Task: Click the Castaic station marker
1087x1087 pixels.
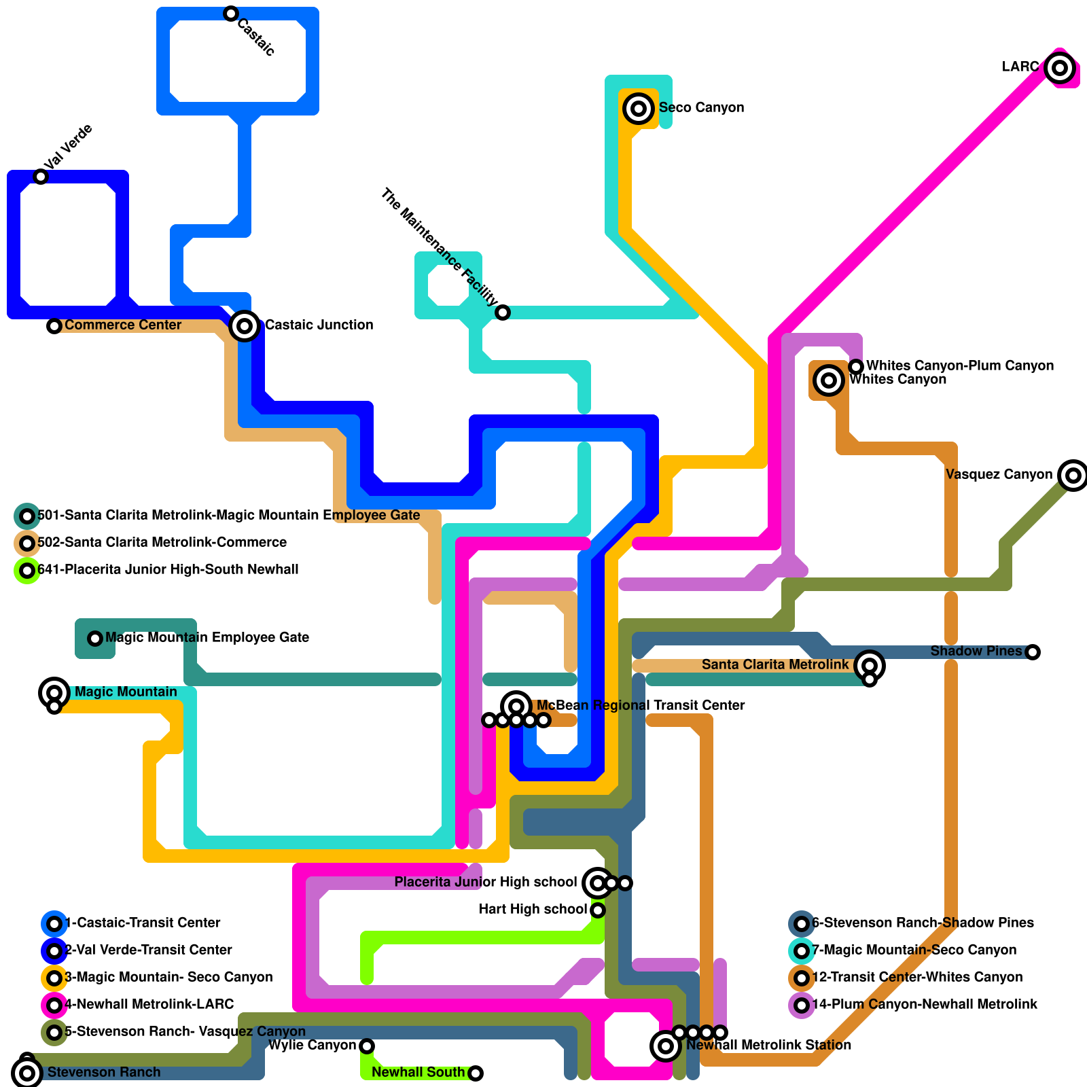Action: tap(231, 14)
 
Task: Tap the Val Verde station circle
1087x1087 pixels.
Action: tap(41, 177)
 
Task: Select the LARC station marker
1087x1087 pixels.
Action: tap(1060, 68)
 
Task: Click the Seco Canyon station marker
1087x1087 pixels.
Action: tap(639, 109)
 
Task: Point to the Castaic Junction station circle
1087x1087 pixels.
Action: tap(245, 326)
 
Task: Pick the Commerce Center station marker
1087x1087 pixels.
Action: tap(54, 326)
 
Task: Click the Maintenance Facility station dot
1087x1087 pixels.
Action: tap(503, 313)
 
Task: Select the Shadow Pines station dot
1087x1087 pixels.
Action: tap(1033, 652)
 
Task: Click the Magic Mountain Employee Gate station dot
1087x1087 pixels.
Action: tap(95, 639)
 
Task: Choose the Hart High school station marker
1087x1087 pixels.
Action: tap(598, 910)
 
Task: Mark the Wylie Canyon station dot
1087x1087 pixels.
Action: tap(367, 1046)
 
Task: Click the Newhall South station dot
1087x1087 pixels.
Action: tap(476, 1073)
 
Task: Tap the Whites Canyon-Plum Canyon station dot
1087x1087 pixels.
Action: tap(856, 367)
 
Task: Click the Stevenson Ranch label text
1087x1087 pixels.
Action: tap(104, 1072)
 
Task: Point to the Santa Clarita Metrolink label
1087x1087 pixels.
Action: tap(774, 664)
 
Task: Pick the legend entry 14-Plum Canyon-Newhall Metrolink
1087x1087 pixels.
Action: tap(924, 1004)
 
